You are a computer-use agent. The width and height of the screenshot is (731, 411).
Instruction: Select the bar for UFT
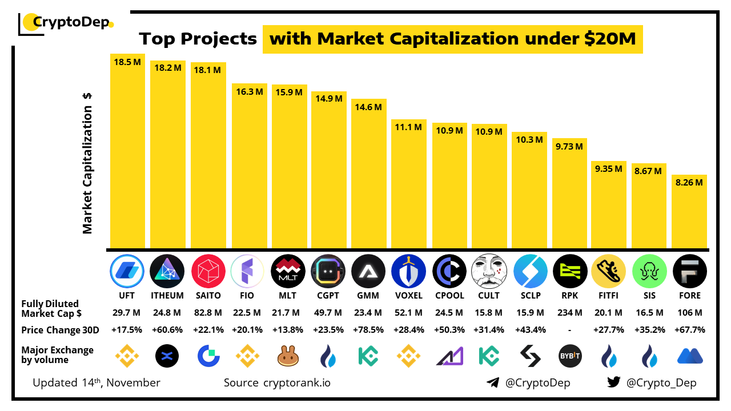127,154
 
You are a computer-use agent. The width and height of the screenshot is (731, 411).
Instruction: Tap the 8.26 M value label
689,183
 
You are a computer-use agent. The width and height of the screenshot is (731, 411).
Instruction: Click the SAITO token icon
208,271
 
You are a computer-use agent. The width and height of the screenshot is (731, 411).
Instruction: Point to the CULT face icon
489,271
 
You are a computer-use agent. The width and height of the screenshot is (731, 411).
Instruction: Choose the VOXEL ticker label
408,296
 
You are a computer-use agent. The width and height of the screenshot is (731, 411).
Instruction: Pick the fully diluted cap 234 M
569,312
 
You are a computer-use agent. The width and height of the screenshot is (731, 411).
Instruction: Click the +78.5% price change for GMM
368,330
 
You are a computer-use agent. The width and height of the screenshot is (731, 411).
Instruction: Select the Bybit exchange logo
569,357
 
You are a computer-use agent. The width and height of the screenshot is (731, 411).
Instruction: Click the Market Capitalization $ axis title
87,163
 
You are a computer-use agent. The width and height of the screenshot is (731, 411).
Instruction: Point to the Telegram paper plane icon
493,382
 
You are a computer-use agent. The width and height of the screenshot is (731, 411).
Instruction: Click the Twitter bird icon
614,382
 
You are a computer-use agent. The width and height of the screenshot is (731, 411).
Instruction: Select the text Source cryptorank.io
277,382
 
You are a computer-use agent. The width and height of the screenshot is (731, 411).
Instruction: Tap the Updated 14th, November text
97,382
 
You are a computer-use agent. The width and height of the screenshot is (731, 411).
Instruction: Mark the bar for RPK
569,194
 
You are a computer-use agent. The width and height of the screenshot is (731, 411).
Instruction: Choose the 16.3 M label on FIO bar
248,91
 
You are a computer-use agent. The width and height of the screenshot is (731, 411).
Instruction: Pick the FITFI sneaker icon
609,271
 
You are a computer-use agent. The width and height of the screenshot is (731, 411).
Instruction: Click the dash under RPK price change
569,331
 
